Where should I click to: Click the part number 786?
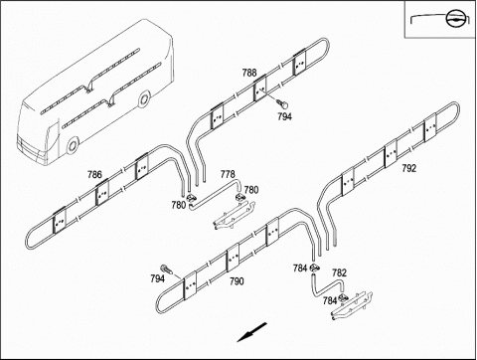[x=94, y=174]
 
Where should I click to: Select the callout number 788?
[x=249, y=73]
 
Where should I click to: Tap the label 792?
[x=408, y=168]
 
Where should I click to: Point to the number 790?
[x=237, y=281]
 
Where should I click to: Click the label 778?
[x=228, y=174]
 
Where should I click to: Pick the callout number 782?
[x=339, y=272]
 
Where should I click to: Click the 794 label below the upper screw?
[x=284, y=116]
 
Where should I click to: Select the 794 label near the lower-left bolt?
[x=157, y=278]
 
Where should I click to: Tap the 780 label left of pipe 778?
[x=179, y=205]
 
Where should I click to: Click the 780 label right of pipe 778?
[x=251, y=190]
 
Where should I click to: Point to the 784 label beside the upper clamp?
[x=300, y=269]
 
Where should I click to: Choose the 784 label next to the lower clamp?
[x=330, y=300]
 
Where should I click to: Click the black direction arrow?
[x=251, y=332]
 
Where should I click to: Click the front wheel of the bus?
[x=72, y=146]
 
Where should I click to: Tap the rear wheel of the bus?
[x=144, y=99]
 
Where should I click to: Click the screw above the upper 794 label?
[x=283, y=103]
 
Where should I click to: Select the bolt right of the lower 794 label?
[x=165, y=270]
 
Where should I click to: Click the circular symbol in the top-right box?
[x=454, y=20]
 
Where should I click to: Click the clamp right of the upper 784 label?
[x=314, y=268]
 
